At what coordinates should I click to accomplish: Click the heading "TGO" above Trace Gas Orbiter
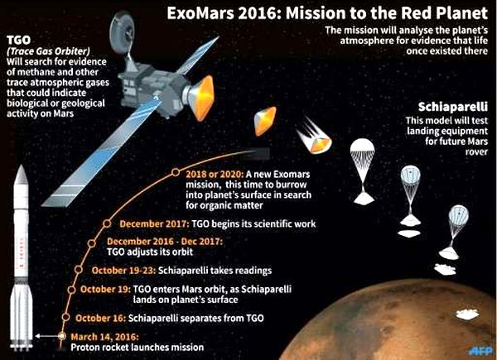(19, 40)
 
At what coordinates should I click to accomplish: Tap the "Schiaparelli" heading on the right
(453, 107)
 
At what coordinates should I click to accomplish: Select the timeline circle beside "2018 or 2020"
(176, 172)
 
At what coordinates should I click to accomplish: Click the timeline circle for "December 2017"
(107, 223)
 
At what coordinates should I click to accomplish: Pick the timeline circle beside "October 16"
(66, 317)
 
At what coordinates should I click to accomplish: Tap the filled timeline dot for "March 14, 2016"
(62, 336)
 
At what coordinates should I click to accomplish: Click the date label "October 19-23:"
(123, 271)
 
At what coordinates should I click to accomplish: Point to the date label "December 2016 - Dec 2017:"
(165, 242)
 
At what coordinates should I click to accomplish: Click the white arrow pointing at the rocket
(46, 336)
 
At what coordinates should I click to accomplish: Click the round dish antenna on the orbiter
(122, 32)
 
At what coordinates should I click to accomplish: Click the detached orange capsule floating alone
(265, 121)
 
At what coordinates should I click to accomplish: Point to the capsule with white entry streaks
(316, 137)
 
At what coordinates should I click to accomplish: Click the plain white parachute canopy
(362, 149)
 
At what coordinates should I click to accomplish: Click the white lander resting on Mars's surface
(467, 314)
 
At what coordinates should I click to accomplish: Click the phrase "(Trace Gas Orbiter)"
(48, 51)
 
